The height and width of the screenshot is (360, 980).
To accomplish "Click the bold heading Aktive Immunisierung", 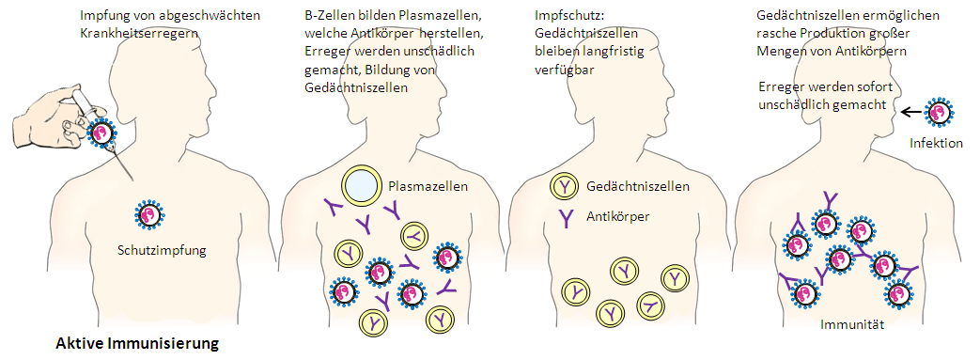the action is click(x=137, y=344).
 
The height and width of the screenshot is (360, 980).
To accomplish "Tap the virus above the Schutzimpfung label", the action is click(x=150, y=215).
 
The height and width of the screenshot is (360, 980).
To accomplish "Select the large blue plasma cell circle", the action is click(x=360, y=186).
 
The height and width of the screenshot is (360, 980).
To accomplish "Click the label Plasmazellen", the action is click(x=428, y=186).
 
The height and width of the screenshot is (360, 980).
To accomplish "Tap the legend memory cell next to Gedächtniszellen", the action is click(x=563, y=186).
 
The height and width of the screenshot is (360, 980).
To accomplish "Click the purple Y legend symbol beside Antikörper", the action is click(x=564, y=217).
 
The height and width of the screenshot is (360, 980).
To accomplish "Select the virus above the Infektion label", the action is click(x=939, y=112).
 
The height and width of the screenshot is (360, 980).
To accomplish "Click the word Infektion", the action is click(x=937, y=144).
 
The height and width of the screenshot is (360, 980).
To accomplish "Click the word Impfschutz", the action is click(x=562, y=16).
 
